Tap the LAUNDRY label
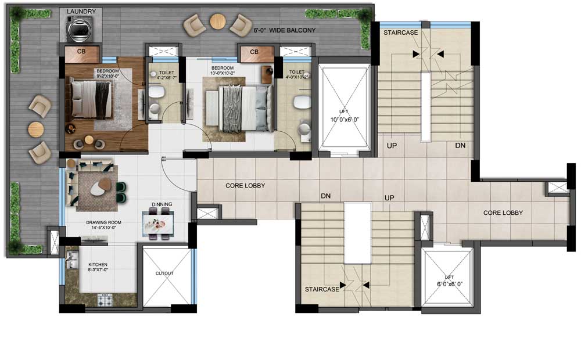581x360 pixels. [81, 11]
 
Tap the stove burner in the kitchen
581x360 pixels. [105, 301]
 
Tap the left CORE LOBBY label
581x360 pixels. [245, 186]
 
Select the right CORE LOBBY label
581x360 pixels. [503, 213]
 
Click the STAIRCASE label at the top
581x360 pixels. [400, 33]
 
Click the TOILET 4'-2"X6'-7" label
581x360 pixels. [162, 77]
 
